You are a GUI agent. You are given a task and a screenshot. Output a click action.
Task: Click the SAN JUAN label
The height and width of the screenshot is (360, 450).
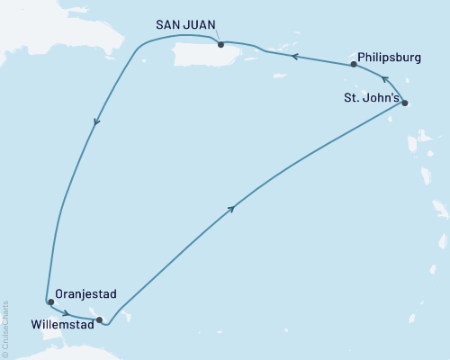184,27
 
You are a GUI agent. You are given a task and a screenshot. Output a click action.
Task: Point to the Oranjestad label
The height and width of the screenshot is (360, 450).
84,293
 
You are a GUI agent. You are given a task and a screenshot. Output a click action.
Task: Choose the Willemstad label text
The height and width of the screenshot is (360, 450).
61,320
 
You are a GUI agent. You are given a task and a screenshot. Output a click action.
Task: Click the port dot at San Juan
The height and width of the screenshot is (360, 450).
221,44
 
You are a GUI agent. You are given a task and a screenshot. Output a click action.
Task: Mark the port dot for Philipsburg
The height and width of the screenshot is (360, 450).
354,65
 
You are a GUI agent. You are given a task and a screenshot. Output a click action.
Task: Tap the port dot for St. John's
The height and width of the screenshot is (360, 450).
404,103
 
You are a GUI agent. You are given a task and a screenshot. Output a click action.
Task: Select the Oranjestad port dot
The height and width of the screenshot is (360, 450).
49,302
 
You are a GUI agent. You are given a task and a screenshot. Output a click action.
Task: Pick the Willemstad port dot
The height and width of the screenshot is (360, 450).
100,319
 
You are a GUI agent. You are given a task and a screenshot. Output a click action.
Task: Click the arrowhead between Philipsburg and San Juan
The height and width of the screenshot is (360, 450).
292,56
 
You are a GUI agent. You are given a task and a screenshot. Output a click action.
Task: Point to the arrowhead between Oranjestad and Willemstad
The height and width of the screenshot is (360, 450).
68,312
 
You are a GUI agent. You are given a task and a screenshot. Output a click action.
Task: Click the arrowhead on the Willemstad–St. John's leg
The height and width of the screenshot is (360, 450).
233,209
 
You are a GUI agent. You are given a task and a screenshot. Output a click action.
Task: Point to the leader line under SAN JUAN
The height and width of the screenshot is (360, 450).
217,37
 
